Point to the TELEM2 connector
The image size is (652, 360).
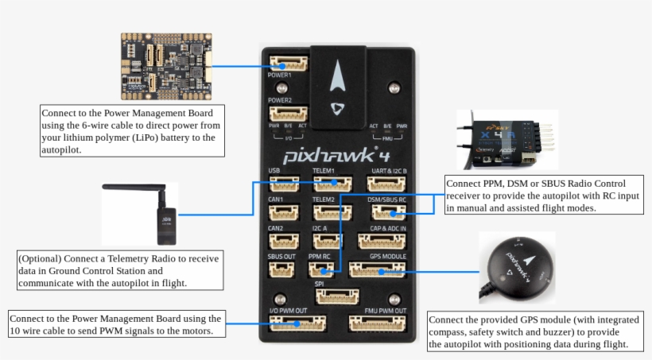329,212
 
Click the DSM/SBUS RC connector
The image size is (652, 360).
388,212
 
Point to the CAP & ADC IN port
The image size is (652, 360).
388,241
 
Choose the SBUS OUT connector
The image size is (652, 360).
281,270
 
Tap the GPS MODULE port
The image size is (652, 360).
378,271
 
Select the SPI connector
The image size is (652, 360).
337,296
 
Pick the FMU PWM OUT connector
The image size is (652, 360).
378,323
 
